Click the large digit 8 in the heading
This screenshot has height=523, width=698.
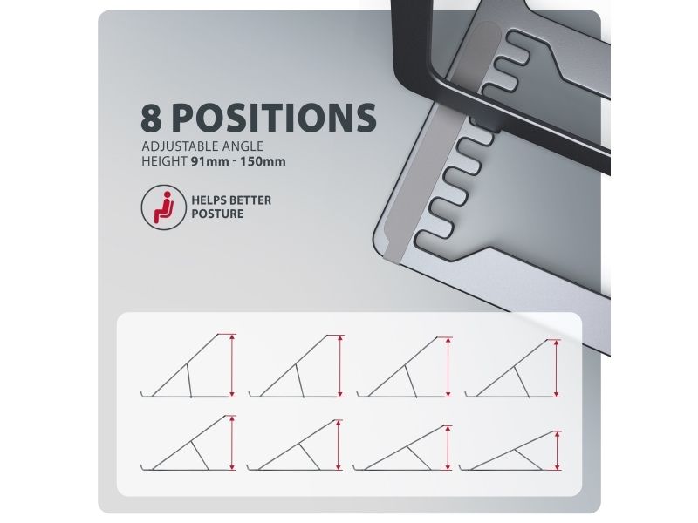[x=151, y=118]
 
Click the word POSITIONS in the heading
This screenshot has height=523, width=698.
[x=274, y=118]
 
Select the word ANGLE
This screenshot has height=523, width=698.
[x=244, y=146]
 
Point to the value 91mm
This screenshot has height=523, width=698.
[x=210, y=161]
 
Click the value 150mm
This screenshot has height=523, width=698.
[x=263, y=161]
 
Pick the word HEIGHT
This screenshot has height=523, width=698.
[x=164, y=161]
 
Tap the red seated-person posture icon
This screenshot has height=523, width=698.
[x=163, y=207]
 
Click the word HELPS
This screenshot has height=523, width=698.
[x=209, y=200]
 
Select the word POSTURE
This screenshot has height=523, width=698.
[x=217, y=214]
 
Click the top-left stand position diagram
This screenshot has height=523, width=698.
[x=188, y=365]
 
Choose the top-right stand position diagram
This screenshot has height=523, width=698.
[x=513, y=368]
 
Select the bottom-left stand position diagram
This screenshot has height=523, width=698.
[x=188, y=443]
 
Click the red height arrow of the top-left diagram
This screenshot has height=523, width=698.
[x=232, y=365]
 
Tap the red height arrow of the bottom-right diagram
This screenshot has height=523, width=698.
[x=558, y=451]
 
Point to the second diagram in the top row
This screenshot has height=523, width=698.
[x=297, y=365]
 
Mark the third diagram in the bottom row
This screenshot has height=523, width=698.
[x=403, y=448]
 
